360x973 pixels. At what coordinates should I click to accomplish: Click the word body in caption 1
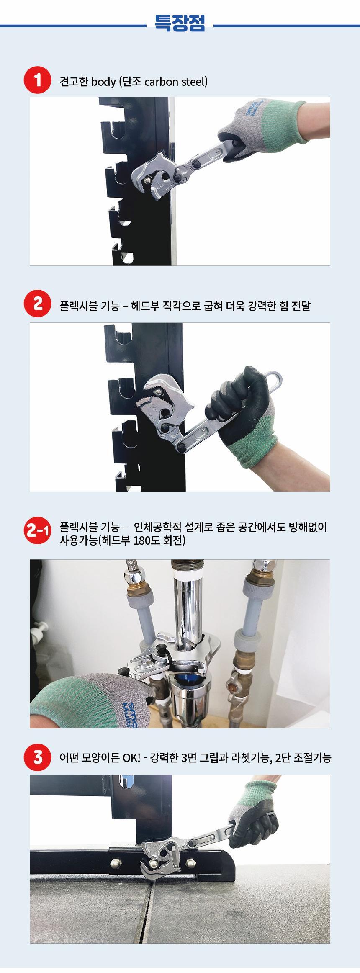103,81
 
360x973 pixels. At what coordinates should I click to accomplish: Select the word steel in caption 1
194,81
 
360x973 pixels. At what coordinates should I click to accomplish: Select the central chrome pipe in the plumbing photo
188,611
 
